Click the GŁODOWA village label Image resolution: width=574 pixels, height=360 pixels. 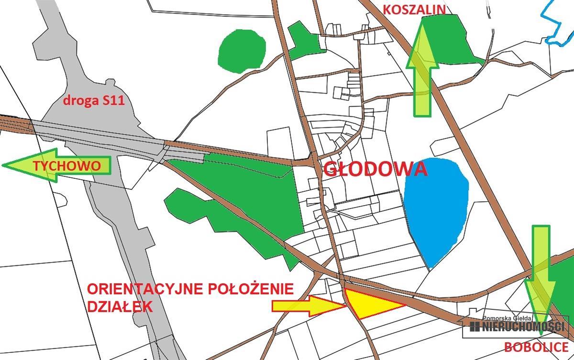click(375, 169)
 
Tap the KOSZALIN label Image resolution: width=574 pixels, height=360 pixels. click(415, 9)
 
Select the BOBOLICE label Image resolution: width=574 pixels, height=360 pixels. click(536, 347)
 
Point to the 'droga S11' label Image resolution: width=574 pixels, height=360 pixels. click(94, 101)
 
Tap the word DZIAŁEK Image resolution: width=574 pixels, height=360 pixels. click(120, 306)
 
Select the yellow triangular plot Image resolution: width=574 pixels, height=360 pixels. click(368, 304)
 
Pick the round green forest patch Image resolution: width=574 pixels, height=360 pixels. click(242, 50)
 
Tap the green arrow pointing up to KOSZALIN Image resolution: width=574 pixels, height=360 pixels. click(423, 67)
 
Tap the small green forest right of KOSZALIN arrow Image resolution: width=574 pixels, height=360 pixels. click(457, 41)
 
